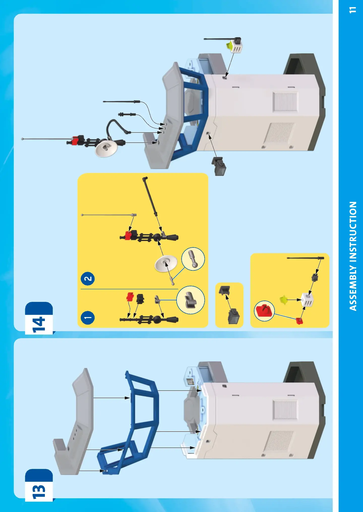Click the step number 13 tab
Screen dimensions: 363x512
pos(39,485)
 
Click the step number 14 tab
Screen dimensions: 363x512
pos(39,318)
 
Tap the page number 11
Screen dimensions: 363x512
pos(353,10)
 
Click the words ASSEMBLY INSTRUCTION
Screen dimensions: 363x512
pos(353,256)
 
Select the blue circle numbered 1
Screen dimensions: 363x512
pos(88,318)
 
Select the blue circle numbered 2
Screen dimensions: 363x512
pos(88,279)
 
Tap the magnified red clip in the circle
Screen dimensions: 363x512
pos(264,311)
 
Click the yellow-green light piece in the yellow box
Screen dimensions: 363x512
pos(284,300)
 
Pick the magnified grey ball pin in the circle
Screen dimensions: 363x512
pos(193,259)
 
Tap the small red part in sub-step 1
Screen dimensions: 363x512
pos(130,297)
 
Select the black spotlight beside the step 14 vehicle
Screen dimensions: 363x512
pos(219,166)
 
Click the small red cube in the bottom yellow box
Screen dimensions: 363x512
pos(299,321)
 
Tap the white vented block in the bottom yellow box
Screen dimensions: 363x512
pos(308,300)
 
